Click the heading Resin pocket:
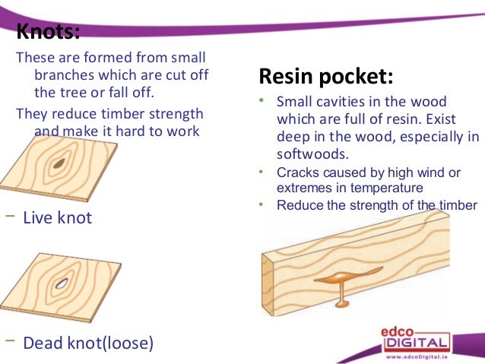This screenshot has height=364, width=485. pyautogui.click(x=326, y=77)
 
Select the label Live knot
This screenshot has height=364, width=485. pyautogui.click(x=58, y=218)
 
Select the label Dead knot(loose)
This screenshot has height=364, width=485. pyautogui.click(x=88, y=343)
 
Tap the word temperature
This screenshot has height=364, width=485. pyautogui.click(x=387, y=187)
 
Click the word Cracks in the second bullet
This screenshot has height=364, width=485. pyautogui.click(x=296, y=173)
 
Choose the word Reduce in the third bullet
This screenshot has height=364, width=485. pyautogui.click(x=297, y=205)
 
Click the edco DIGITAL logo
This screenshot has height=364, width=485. pyautogui.click(x=417, y=337)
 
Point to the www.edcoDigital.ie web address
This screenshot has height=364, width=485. pyautogui.click(x=420, y=356)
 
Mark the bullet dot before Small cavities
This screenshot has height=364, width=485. pyautogui.click(x=260, y=101)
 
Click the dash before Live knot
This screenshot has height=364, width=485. pyautogui.click(x=11, y=217)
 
